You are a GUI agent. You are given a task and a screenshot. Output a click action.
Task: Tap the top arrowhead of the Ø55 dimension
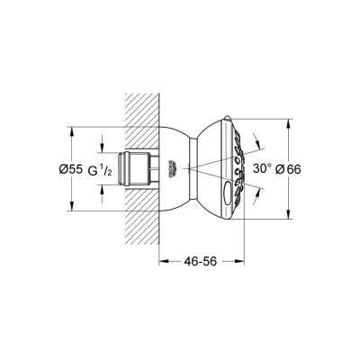click(70, 130)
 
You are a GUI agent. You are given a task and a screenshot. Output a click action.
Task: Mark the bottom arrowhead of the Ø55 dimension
click(70, 208)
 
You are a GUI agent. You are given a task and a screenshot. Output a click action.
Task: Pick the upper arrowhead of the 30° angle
click(258, 139)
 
